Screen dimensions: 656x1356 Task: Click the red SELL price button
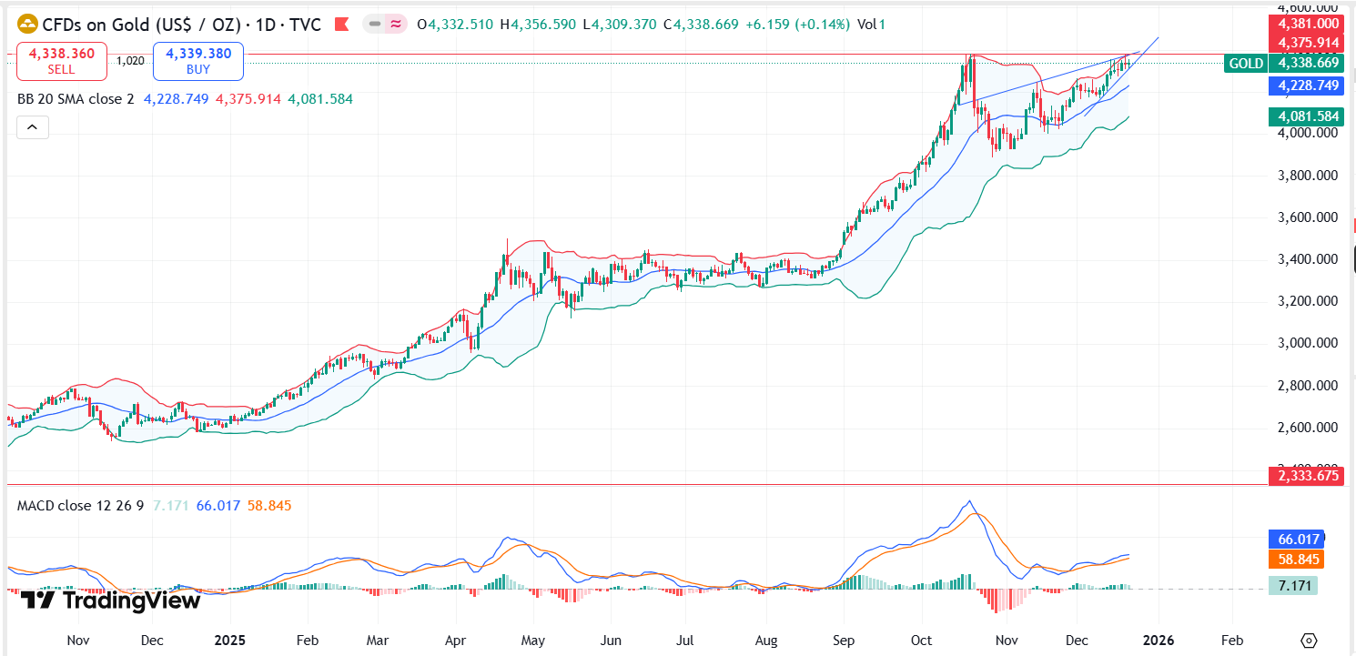(x=61, y=61)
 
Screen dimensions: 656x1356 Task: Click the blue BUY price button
(x=198, y=61)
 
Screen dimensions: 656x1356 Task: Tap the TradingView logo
(x=109, y=600)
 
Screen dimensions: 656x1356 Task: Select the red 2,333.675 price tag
(x=1305, y=475)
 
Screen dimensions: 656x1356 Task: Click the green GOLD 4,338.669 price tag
(x=1283, y=63)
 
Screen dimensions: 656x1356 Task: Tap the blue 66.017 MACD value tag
(x=1296, y=540)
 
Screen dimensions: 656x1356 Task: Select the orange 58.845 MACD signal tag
(x=1296, y=560)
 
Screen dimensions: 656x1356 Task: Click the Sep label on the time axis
(x=843, y=640)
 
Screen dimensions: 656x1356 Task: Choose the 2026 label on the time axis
(x=1158, y=640)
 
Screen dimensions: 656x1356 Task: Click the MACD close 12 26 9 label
(x=80, y=505)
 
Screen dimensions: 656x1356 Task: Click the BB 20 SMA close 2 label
(x=76, y=98)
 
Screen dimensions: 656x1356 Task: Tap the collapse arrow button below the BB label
(x=32, y=127)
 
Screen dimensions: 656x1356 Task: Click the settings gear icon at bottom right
(x=1309, y=640)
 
